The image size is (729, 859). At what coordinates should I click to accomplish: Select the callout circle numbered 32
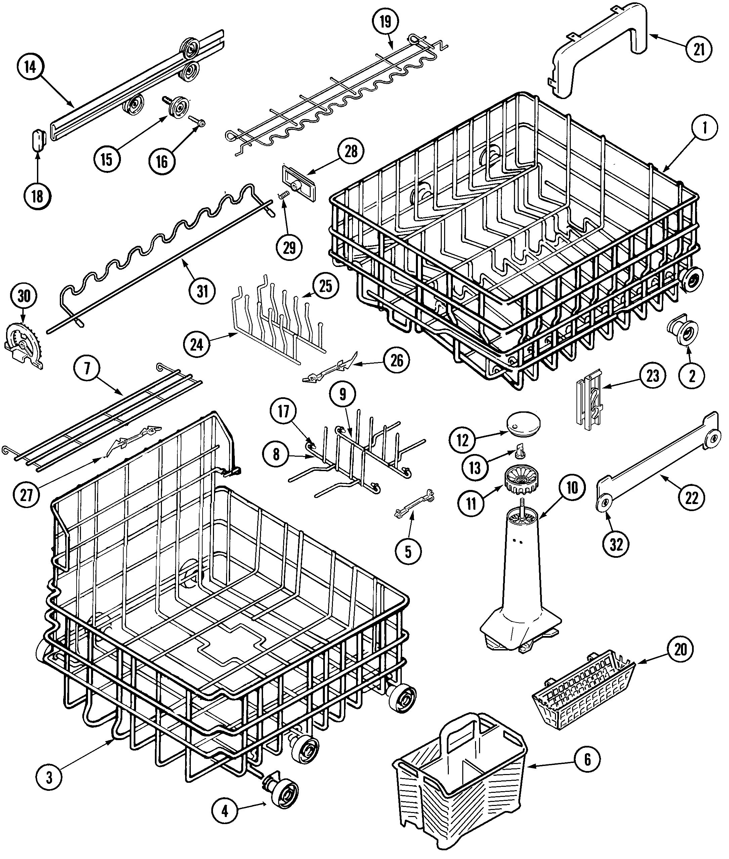[x=616, y=545]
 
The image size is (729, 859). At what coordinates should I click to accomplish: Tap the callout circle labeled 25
[x=326, y=286]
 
